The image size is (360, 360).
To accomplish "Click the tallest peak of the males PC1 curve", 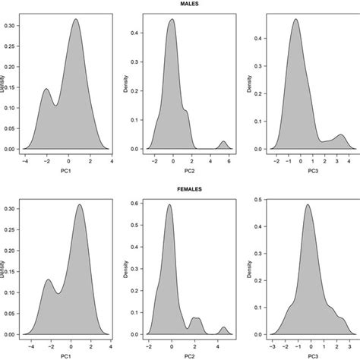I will tap(76, 21).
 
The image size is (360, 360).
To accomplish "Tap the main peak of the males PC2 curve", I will tap(172, 21).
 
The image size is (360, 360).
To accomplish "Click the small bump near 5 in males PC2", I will tap(223, 142).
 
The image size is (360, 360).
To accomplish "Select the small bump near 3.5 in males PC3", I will tap(341, 135).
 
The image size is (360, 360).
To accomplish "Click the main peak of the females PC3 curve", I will tap(308, 204).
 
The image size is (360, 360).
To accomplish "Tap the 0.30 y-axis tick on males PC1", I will tap(14, 25).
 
